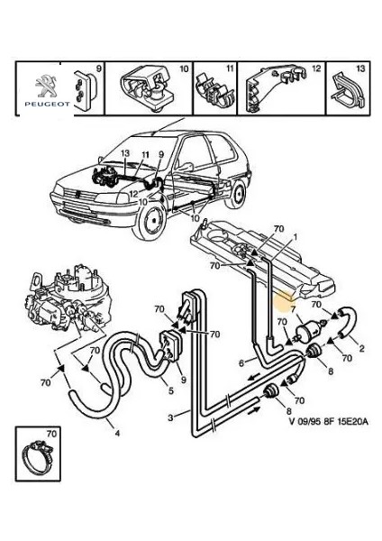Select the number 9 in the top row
pyautogui.click(x=99, y=69)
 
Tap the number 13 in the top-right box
pyautogui.click(x=360, y=69)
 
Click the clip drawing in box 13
pyautogui.click(x=345, y=90)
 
